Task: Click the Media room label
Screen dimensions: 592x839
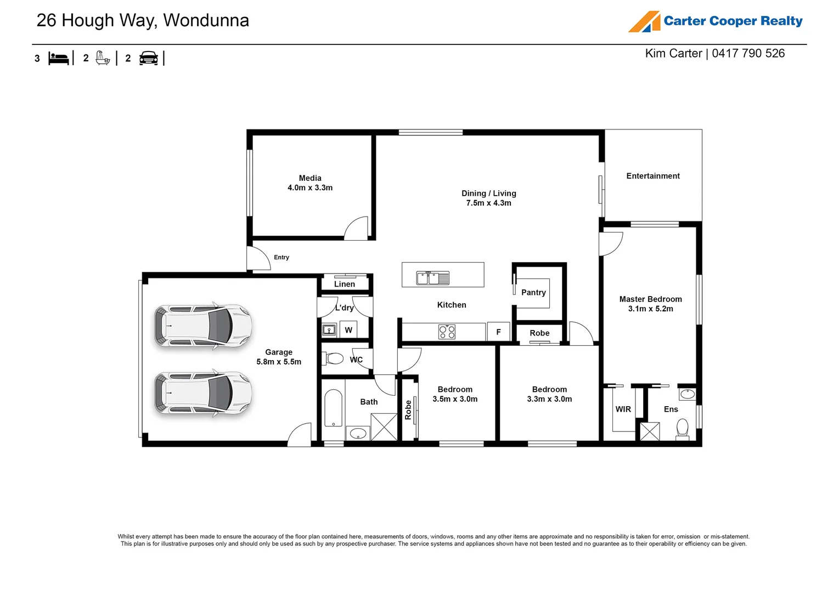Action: [310, 178]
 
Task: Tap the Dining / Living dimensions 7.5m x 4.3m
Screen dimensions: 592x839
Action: [488, 203]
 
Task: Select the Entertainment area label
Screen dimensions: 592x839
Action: [652, 176]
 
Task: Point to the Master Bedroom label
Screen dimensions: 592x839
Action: [650, 299]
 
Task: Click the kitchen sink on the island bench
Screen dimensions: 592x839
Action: [432, 278]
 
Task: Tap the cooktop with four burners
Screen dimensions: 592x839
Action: [447, 332]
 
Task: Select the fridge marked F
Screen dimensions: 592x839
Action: [498, 332]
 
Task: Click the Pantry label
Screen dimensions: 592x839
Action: [533, 293]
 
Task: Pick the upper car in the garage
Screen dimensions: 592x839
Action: [203, 326]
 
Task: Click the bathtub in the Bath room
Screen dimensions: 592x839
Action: [333, 408]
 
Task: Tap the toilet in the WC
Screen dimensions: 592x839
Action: [334, 359]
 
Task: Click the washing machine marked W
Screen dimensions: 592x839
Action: [348, 330]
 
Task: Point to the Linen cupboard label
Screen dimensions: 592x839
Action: [345, 284]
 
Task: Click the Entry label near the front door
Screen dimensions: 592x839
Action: [281, 257]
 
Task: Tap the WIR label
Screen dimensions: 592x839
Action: [623, 409]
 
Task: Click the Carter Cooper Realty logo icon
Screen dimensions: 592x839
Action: [644, 22]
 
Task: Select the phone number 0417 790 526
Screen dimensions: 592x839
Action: [748, 53]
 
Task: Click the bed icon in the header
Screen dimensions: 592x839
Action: [58, 58]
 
